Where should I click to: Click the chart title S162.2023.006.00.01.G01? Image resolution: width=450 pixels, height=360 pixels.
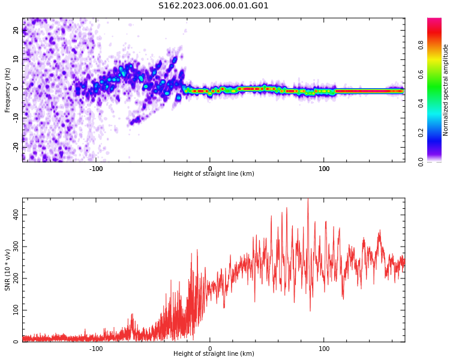214,6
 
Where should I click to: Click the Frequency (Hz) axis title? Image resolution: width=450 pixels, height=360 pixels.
8,90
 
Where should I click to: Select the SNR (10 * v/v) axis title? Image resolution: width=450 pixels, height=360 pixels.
8,270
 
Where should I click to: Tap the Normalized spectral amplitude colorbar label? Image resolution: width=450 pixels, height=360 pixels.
446,90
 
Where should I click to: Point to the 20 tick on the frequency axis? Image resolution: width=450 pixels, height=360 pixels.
16,30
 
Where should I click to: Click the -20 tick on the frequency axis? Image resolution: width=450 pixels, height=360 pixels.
16,146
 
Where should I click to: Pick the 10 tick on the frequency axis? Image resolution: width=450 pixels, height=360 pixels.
16,59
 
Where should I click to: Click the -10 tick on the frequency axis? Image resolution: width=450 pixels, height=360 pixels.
16,118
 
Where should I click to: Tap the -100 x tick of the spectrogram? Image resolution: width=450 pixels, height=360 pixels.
96,169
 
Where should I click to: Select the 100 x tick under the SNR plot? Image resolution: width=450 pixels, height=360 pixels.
324,349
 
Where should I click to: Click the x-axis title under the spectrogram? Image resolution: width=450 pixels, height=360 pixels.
214,174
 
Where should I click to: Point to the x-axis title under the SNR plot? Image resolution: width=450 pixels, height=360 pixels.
214,354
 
